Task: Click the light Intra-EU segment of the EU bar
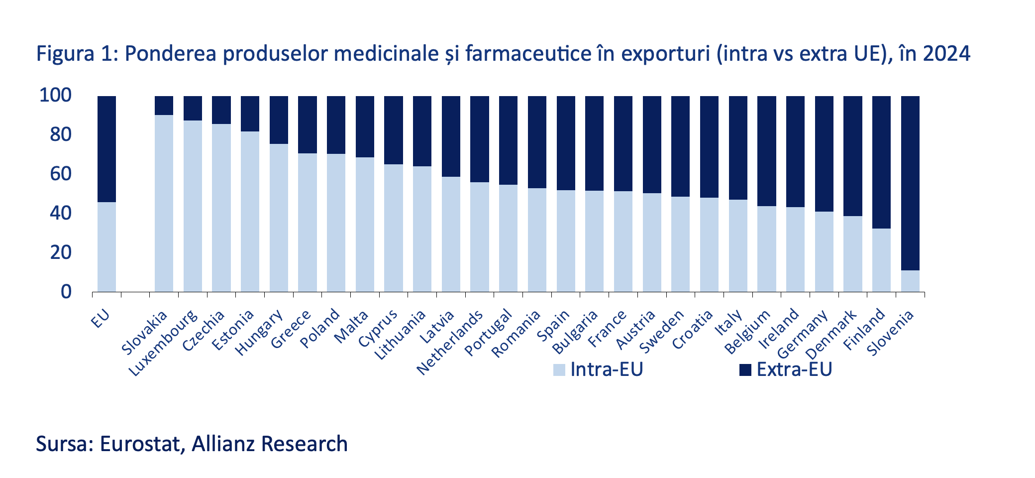pyautogui.click(x=106, y=246)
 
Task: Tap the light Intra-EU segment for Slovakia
pyautogui.click(x=164, y=203)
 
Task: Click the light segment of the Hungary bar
pyautogui.click(x=279, y=218)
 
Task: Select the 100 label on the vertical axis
pyautogui.click(x=55, y=95)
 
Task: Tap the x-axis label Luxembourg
pyautogui.click(x=164, y=343)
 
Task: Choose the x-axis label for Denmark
pyautogui.click(x=831, y=334)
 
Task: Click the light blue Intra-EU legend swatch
pyautogui.click(x=559, y=370)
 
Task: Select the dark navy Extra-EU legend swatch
pyautogui.click(x=745, y=370)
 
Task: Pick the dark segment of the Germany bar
pyautogui.click(x=824, y=154)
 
